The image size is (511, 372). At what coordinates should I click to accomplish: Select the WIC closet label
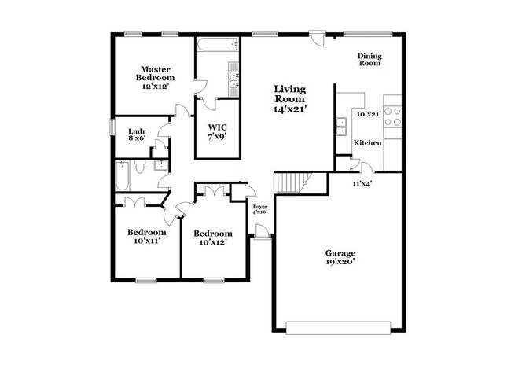(x=217, y=127)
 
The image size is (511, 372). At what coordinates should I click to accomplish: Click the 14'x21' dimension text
(x=290, y=109)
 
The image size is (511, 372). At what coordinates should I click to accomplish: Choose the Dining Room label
(x=369, y=60)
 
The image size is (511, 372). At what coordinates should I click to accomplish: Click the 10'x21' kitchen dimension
(x=369, y=114)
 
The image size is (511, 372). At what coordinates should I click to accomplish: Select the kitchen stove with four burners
(x=392, y=116)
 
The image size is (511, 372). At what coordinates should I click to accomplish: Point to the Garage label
(x=340, y=253)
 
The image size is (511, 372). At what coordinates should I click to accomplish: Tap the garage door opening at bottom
(x=339, y=327)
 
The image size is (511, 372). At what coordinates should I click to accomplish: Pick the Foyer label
(x=259, y=205)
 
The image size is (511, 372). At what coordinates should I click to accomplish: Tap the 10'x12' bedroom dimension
(x=213, y=244)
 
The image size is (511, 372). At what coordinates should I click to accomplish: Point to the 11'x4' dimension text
(x=362, y=182)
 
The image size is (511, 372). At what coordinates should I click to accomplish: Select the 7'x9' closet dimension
(x=217, y=138)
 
